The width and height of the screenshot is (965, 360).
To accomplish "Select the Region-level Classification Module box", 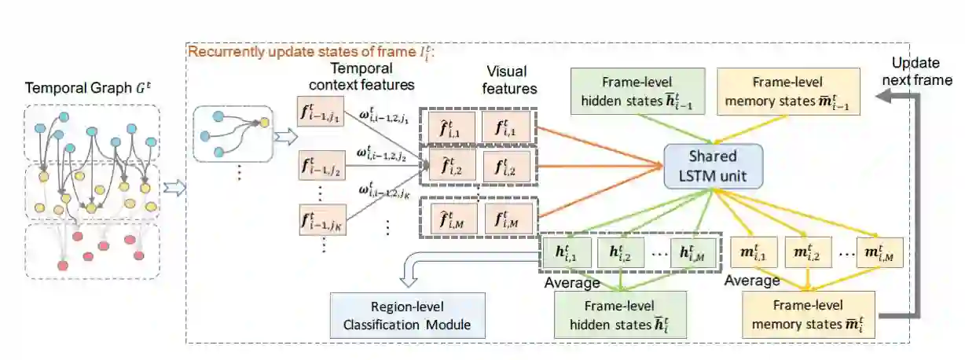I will (398, 314).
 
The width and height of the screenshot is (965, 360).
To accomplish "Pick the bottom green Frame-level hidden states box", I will (620, 314).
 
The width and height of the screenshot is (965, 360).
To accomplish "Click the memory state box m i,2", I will (806, 253).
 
